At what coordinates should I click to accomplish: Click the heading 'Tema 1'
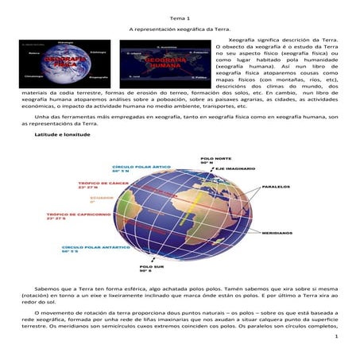[x=179, y=17]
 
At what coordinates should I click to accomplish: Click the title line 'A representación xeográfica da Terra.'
[x=179, y=28]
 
